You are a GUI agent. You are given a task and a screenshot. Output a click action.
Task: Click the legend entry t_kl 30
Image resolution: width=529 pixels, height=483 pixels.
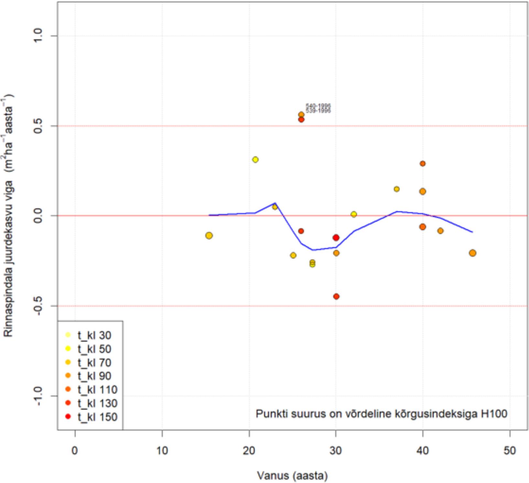94,335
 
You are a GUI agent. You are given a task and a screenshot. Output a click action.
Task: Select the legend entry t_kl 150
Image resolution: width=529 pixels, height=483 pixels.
97,417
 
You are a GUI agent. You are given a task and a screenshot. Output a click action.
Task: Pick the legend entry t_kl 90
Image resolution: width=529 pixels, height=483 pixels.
94,376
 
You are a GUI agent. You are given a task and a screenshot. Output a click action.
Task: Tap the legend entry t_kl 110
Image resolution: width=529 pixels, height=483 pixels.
97,390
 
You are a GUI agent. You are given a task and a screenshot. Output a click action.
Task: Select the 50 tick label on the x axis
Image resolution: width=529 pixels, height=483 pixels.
510,450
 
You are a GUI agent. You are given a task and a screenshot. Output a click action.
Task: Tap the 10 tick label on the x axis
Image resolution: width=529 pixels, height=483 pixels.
162,450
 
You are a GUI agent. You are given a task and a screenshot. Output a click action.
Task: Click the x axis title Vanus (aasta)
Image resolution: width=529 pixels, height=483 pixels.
292,476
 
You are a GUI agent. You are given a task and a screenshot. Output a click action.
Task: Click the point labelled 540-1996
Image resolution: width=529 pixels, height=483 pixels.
301,115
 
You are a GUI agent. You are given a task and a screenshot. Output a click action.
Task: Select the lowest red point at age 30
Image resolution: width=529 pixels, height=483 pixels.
336,296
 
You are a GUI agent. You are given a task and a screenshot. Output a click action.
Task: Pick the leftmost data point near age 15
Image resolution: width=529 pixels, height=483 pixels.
209,236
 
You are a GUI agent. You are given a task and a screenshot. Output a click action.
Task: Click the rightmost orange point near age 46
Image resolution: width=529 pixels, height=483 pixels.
472,253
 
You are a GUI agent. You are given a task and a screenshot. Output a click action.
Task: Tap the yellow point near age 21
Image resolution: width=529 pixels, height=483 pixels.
255,160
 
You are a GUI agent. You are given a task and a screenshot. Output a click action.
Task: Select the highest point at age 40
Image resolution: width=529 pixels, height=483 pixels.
423,163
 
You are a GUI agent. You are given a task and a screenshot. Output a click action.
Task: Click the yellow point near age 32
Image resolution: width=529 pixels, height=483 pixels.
354,214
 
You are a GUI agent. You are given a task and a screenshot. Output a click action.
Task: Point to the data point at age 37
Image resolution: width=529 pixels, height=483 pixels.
397,189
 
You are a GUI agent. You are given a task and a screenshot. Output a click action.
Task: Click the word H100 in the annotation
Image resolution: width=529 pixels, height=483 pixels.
494,414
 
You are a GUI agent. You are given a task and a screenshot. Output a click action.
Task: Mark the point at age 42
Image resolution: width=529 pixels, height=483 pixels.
440,231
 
